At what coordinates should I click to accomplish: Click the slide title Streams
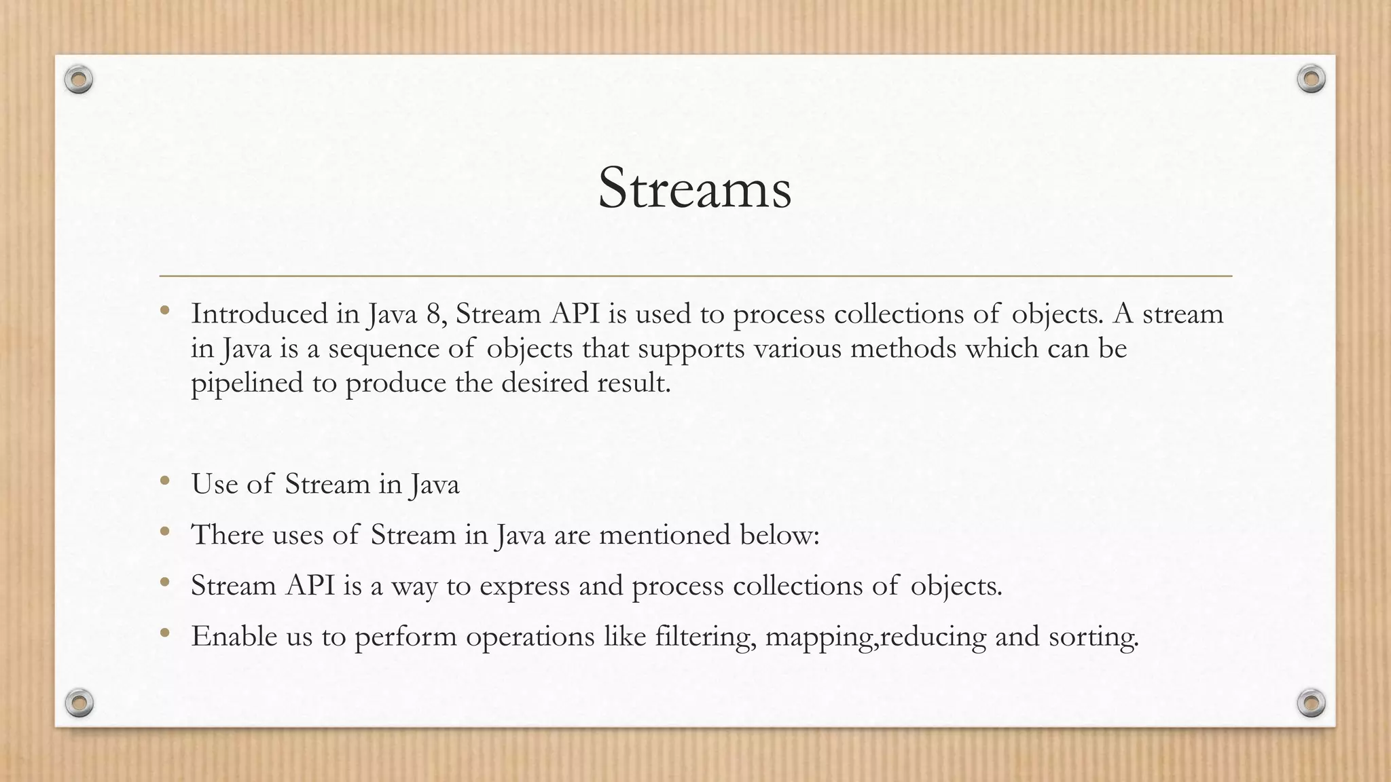click(694, 189)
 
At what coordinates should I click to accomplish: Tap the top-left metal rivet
click(79, 80)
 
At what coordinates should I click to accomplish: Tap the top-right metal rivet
click(1311, 79)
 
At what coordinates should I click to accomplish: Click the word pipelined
click(247, 384)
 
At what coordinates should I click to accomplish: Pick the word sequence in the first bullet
click(384, 349)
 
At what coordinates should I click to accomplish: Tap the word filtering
click(704, 637)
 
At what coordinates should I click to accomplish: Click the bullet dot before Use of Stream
click(164, 481)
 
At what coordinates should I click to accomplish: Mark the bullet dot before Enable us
click(164, 633)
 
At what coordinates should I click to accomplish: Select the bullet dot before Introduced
click(164, 311)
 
